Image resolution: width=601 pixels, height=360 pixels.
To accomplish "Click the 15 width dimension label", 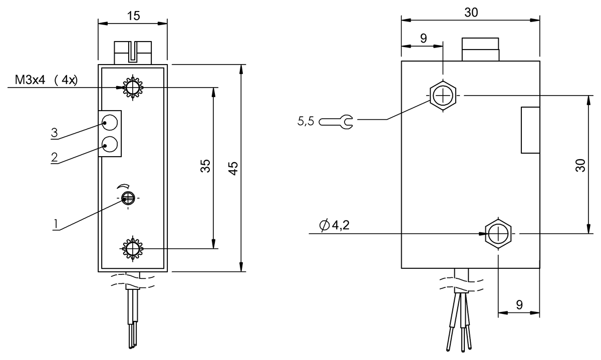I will pyautogui.click(x=133, y=16).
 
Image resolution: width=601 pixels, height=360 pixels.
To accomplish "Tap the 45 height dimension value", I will pyautogui.click(x=233, y=168).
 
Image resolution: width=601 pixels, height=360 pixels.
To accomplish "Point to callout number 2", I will pyautogui.click(x=54, y=156).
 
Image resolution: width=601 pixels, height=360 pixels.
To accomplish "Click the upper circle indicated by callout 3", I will pyautogui.click(x=110, y=122).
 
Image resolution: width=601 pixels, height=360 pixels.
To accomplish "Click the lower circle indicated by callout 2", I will pyautogui.click(x=110, y=145).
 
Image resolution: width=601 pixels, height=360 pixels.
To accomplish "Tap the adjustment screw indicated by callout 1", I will pyautogui.click(x=128, y=198).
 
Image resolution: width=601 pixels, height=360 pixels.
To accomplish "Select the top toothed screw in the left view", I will pyautogui.click(x=133, y=89).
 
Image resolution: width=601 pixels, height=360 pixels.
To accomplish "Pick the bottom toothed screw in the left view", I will pyautogui.click(x=133, y=248).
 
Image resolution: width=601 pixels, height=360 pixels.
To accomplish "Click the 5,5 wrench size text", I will pyautogui.click(x=306, y=121).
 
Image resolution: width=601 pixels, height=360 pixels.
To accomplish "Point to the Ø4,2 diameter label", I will pyautogui.click(x=334, y=226).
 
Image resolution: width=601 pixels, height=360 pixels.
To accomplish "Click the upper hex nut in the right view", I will pyautogui.click(x=443, y=94).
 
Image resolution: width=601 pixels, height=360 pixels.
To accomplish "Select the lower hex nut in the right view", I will pyautogui.click(x=499, y=233).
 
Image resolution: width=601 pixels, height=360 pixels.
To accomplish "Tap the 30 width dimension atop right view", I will pyautogui.click(x=471, y=13).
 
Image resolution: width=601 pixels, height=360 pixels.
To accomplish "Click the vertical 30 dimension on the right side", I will pyautogui.click(x=580, y=166).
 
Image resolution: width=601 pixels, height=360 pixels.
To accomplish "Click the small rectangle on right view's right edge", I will pyautogui.click(x=530, y=130).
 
